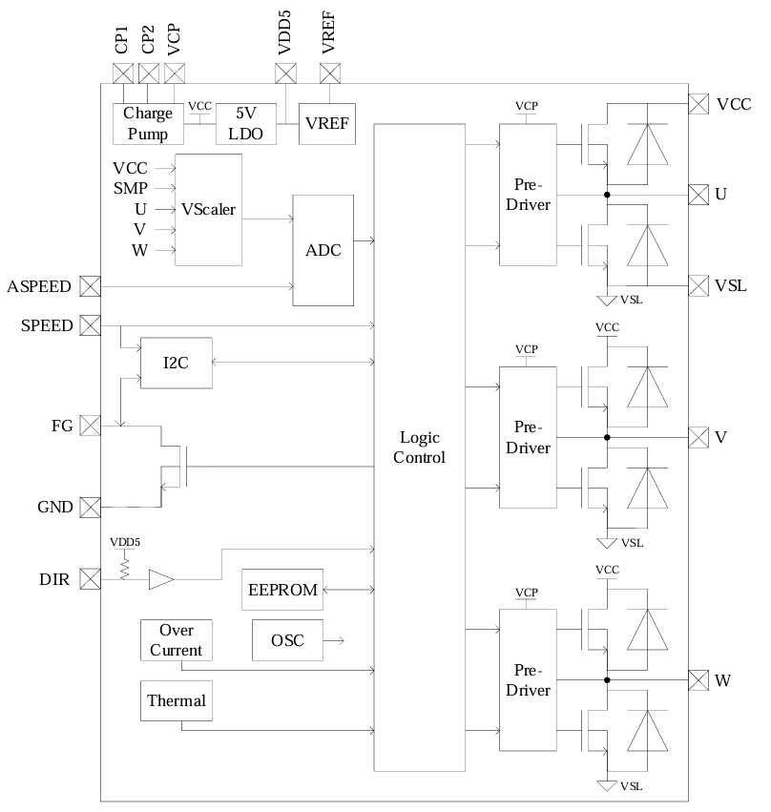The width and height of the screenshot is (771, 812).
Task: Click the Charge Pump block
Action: coord(148,124)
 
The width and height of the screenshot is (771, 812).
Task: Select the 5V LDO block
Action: coord(245,124)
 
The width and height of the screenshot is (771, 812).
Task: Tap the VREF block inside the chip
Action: coord(327,124)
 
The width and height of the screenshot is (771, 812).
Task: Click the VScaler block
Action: coord(209,209)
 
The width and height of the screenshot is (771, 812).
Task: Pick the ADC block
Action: coord(322,250)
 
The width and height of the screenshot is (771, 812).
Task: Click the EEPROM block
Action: coord(281,590)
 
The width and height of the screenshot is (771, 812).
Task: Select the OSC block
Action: coord(287,640)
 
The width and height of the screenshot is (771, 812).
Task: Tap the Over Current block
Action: coord(176,640)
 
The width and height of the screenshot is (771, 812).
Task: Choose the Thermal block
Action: coord(176,701)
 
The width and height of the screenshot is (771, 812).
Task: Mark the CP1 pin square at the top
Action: coord(123,73)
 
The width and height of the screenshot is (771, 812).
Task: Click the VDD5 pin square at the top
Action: coord(285,73)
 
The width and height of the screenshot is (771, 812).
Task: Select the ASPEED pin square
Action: coord(90,285)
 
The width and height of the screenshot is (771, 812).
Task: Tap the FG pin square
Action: coord(90,426)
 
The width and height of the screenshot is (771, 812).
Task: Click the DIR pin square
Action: coord(90,579)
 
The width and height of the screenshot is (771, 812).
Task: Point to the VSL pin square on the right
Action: coord(698,285)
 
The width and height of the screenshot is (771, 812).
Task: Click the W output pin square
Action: coord(698,680)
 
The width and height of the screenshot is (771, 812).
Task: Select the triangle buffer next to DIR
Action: coord(161,579)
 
